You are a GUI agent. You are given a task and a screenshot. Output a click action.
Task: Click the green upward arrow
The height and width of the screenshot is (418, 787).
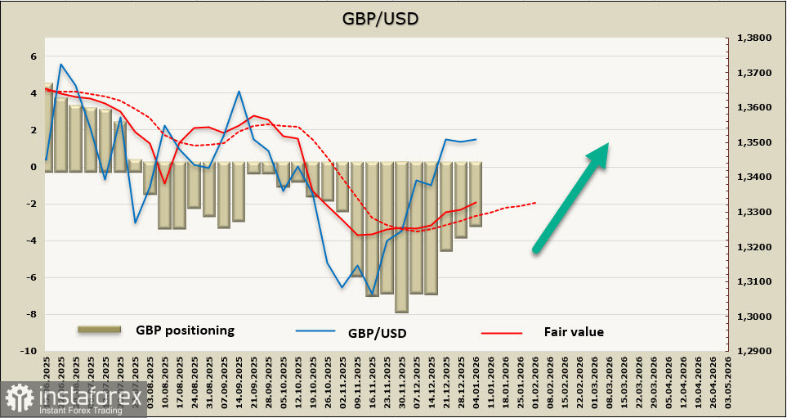point(571,196)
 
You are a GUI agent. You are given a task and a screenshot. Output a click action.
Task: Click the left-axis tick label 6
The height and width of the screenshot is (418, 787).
point(34,56)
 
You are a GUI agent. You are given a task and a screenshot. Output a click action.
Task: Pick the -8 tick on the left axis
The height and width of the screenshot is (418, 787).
point(31,315)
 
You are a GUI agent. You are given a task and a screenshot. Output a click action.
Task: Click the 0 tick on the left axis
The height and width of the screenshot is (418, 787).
point(34,167)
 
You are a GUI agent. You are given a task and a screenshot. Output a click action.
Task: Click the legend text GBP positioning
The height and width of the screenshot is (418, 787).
point(185,330)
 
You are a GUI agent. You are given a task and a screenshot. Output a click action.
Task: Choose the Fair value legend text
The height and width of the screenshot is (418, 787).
point(574,331)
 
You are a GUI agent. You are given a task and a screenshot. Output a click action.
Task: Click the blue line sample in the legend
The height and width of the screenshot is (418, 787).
point(315,332)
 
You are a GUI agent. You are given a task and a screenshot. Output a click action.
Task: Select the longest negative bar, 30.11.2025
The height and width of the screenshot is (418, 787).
point(401,237)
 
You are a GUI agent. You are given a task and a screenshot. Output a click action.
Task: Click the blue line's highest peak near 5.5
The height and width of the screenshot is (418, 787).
point(61,64)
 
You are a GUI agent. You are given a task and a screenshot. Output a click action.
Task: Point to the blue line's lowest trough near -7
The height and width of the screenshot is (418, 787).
point(372,294)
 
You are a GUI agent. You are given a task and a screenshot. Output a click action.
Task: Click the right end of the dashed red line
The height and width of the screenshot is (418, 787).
point(536,202)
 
